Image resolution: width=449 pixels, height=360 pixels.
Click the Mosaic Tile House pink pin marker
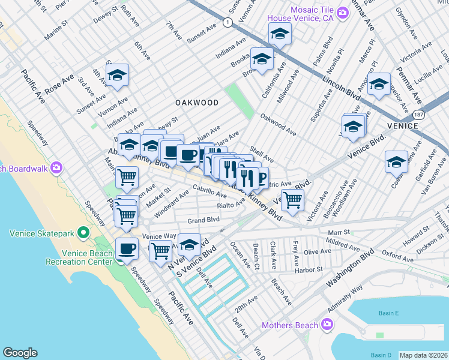[343, 12]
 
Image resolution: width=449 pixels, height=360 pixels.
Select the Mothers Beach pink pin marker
[327, 325]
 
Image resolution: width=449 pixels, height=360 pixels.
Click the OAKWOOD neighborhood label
[197, 103]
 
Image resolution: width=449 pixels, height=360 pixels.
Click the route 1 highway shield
[227, 22]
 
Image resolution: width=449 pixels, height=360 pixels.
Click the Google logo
[20, 353]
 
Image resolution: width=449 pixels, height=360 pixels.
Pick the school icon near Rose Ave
[118, 76]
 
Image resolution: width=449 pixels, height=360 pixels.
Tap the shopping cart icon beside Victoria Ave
[292, 200]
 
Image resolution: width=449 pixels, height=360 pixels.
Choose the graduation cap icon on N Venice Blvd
[189, 245]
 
